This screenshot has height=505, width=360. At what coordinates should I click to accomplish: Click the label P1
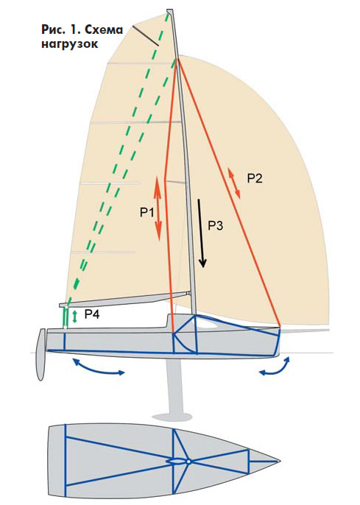tap(147, 213)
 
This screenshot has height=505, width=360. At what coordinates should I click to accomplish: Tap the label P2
tap(255, 178)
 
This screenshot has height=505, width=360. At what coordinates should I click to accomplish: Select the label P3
tap(215, 225)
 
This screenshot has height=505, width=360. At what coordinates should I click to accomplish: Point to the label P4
tap(92, 314)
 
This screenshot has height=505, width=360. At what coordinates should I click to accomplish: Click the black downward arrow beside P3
tap(200, 233)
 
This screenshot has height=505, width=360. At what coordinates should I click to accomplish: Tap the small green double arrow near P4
tap(75, 317)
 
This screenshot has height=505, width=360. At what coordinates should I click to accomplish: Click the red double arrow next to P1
tap(158, 208)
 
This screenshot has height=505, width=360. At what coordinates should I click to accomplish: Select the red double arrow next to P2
tap(234, 183)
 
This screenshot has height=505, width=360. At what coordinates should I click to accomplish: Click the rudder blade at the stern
tap(41, 354)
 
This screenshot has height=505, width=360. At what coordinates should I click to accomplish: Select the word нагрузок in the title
tap(69, 43)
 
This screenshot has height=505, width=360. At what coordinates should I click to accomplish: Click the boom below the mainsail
tap(124, 299)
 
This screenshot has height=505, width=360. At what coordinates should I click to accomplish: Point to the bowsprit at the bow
tap(305, 331)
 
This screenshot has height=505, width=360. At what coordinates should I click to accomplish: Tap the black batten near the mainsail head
tap(144, 36)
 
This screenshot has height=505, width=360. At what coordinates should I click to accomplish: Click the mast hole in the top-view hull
tap(189, 462)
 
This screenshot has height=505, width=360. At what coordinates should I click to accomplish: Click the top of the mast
tap(170, 10)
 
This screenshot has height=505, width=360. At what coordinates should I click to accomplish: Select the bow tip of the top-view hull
tap(279, 462)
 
